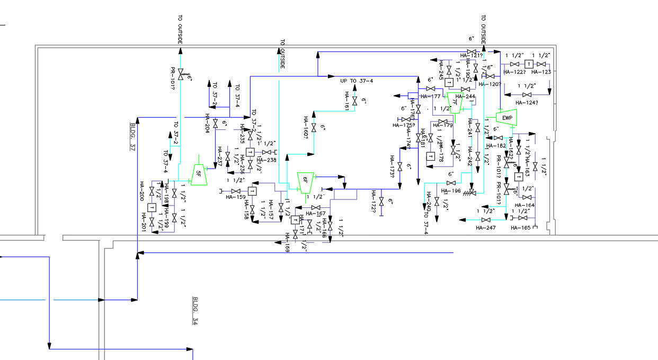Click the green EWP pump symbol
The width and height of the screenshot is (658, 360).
click(506, 118)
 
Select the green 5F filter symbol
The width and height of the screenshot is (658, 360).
click(199, 173)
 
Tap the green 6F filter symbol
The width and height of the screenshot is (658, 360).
click(305, 182)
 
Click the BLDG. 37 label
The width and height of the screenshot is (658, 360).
click(133, 137)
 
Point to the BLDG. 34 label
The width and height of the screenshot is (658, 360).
click(195, 311)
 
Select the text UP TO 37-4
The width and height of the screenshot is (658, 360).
click(357, 81)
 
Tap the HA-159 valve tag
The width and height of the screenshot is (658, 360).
click(236, 197)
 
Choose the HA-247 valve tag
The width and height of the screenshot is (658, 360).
click(485, 227)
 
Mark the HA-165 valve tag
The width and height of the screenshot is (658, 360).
click(520, 227)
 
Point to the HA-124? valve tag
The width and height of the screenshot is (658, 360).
click(527, 102)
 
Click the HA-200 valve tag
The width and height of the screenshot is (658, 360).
click(142, 190)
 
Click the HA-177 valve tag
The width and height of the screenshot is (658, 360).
click(430, 96)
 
